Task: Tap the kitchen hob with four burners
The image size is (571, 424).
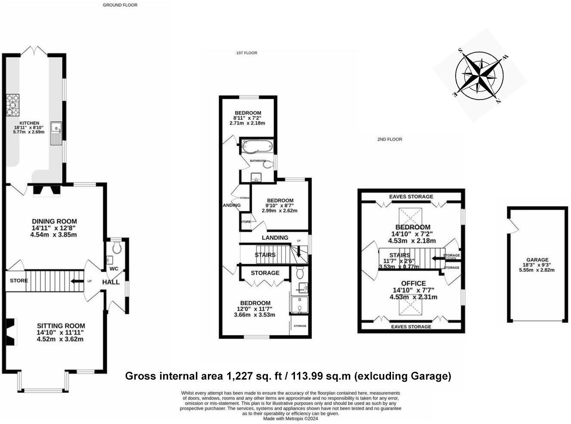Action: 12,105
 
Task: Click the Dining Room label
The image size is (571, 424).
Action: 54,221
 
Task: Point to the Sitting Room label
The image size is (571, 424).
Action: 61,326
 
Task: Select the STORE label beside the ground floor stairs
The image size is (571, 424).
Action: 19,281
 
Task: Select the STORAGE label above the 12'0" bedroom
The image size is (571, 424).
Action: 265,273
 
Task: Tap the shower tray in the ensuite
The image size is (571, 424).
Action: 300,305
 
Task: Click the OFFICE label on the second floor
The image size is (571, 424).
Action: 413,284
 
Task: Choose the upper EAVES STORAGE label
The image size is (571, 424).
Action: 411,196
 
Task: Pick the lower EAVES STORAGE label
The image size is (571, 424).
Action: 411,327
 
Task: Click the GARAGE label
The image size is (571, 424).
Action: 537,260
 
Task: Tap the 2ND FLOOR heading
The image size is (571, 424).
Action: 390,139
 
